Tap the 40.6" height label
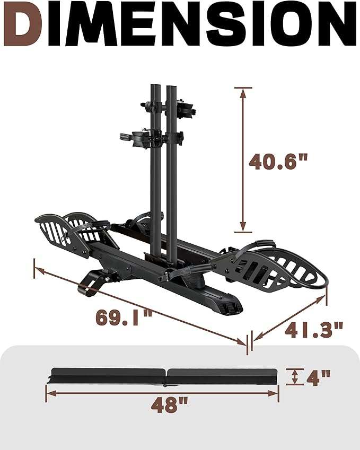(x=279, y=161)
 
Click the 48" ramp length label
(x=163, y=405)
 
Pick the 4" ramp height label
(x=318, y=377)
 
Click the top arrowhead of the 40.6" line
(x=243, y=92)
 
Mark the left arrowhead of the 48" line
(x=49, y=393)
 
